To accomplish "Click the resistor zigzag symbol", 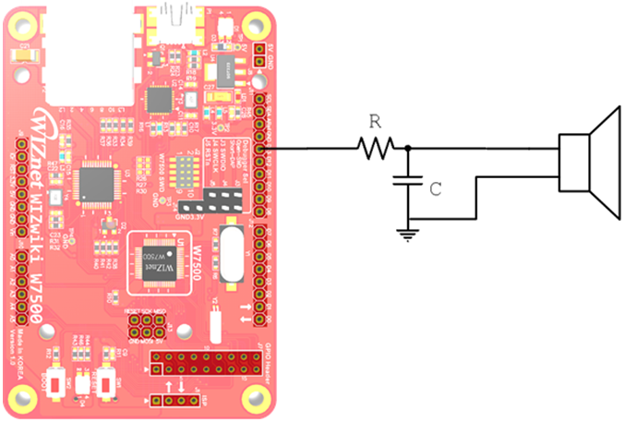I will click(x=377, y=148).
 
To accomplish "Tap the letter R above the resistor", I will click(x=375, y=122).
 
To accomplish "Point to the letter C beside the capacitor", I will click(x=436, y=187).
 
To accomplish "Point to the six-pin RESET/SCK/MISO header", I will click(x=146, y=327).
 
